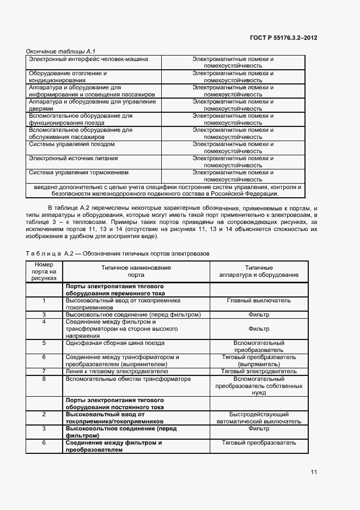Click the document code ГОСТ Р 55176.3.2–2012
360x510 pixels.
(x=284, y=38)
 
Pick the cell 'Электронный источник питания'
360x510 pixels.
(x=73, y=159)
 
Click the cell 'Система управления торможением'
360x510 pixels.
(x=78, y=173)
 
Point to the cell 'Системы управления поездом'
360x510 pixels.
(x=71, y=144)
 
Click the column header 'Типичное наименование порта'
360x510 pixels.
(x=136, y=271)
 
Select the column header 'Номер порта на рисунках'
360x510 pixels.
(x=44, y=271)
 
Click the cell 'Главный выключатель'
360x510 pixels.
(x=259, y=300)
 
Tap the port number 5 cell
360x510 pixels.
(x=44, y=343)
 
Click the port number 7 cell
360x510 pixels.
(x=44, y=371)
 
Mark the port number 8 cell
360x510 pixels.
(x=44, y=378)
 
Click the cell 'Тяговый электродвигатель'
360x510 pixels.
(x=259, y=371)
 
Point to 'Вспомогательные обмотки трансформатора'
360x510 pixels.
(x=128, y=378)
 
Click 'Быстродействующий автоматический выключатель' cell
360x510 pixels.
(x=259, y=417)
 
